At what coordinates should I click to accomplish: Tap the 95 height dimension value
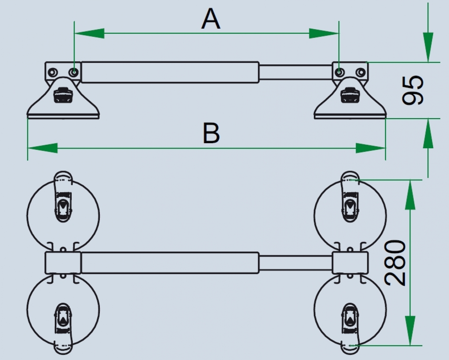pyautogui.click(x=413, y=90)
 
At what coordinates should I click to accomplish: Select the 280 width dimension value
pyautogui.click(x=395, y=263)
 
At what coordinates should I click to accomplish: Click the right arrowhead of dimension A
pyautogui.click(x=324, y=33)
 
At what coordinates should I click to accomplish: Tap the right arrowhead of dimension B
pyautogui.click(x=371, y=148)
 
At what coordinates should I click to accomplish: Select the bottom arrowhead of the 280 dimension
pyautogui.click(x=410, y=331)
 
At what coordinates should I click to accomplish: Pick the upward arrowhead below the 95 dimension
pyautogui.click(x=428, y=133)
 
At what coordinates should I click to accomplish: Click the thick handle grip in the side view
pyautogui.click(x=170, y=72)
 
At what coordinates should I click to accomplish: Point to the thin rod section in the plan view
pyautogui.click(x=295, y=263)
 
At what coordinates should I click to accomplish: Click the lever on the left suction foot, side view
pyautogui.click(x=63, y=95)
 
